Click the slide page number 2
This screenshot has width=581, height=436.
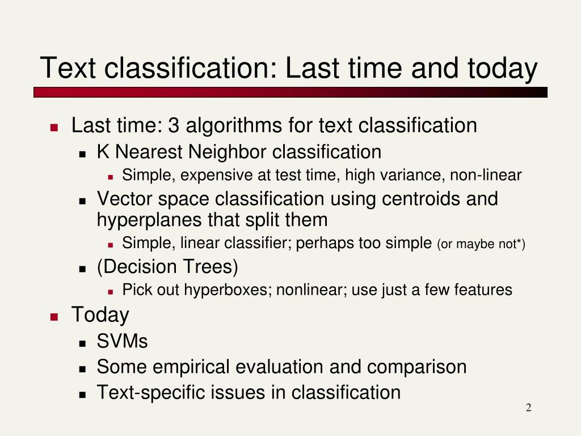528,408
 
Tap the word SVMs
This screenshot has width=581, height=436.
122,341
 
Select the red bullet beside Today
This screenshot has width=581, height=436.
54,317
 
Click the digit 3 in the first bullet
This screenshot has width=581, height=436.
173,125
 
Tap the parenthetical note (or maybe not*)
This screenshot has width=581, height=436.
481,244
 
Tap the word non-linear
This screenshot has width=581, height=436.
486,175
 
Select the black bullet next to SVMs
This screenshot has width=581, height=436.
82,343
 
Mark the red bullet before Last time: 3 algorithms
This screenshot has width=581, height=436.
54,128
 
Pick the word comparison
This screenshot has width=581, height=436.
416,367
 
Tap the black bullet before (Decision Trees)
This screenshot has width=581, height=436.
82,269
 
